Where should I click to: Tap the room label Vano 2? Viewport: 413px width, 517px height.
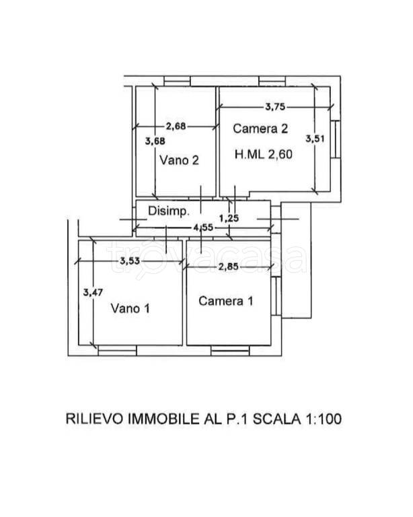(178, 160)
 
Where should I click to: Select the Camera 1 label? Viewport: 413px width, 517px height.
(225, 301)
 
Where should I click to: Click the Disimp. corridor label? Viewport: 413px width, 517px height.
(168, 211)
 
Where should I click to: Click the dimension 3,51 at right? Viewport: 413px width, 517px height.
(313, 139)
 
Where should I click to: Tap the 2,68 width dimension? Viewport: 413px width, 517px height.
(176, 125)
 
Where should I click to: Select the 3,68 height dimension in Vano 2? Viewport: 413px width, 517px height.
(154, 141)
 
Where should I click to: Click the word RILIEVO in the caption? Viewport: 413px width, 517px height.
(94, 418)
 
